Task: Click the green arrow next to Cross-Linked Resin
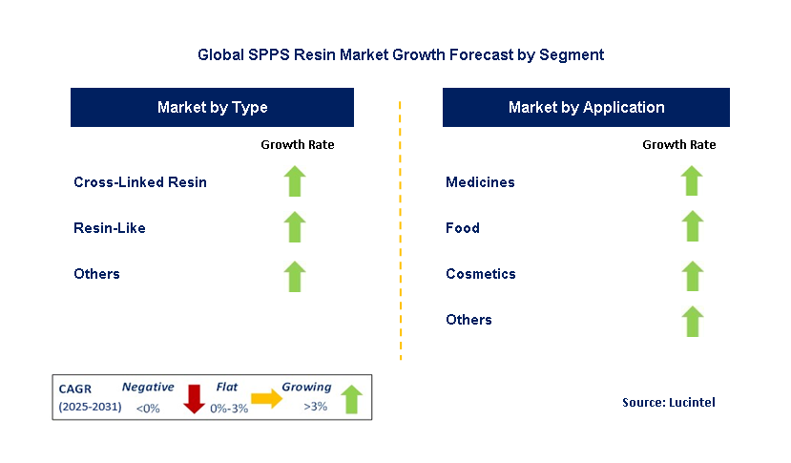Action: coord(295,180)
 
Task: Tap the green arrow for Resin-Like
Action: coord(295,226)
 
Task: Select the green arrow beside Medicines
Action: coord(692,180)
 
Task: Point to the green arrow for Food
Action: coord(692,225)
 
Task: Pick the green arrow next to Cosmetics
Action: coord(692,276)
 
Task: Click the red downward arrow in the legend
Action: coord(194,399)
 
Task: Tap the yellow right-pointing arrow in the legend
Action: coord(267,398)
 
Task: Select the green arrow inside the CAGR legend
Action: coord(352,399)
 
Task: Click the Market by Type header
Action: coord(213,107)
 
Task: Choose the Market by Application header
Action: coord(586,107)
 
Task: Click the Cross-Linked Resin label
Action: coord(140,181)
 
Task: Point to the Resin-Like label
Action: coord(110,228)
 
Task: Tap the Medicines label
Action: coord(480,181)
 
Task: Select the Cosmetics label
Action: coord(481,274)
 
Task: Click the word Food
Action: coord(463,228)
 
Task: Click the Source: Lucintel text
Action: coord(669,403)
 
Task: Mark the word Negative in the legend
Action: coord(148,387)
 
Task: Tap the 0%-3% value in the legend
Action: coord(229,409)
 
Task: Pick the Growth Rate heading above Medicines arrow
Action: coord(679,145)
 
